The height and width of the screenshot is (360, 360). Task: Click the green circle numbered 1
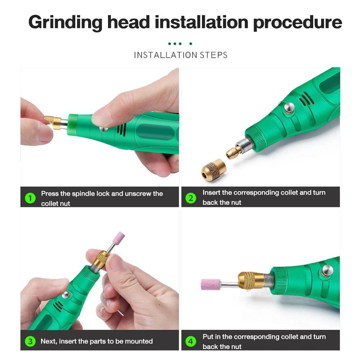pos(30,198)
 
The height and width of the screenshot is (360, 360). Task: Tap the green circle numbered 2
pos(191,198)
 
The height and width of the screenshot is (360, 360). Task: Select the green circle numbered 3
pos(30,341)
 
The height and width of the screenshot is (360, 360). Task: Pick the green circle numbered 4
pos(191,341)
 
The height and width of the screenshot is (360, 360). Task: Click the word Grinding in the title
pos(66,22)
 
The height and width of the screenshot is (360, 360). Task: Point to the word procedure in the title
pos(297,22)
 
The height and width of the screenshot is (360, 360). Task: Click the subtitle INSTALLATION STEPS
pos(180,55)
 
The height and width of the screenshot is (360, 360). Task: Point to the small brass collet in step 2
pos(234,151)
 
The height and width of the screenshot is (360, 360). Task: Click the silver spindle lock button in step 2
pos(288,107)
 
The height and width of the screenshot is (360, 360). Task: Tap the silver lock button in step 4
pos(327,270)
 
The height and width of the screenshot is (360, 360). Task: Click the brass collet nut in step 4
pos(251,280)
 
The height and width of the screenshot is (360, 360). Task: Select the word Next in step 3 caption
pos(49,341)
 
